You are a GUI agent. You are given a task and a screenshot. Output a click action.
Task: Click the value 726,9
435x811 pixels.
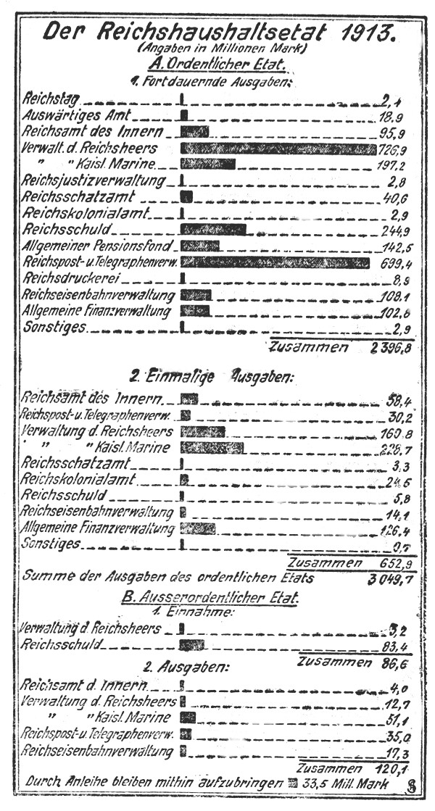(x=391, y=149)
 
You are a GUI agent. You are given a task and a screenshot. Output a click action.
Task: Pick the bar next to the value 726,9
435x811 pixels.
(x=278, y=149)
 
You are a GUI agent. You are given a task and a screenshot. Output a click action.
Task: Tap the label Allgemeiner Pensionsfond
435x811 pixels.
(x=98, y=245)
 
